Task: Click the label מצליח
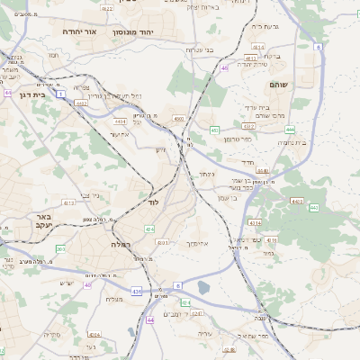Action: [113, 300]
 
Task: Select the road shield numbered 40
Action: [88, 284]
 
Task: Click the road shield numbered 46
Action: [223, 80]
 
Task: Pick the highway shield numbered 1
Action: [60, 93]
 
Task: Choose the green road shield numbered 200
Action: [60, 249]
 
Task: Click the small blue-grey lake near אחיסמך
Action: [204, 288]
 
